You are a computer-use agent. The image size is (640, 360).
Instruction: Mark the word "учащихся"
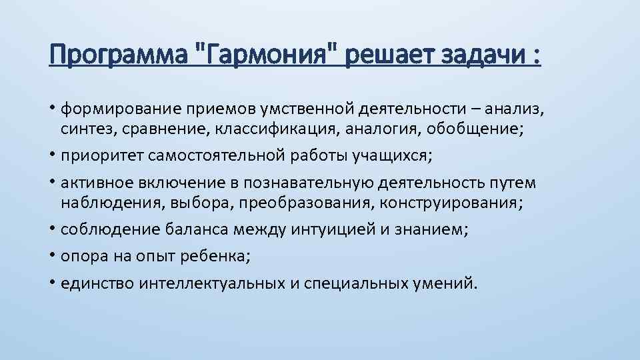point(393,156)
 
